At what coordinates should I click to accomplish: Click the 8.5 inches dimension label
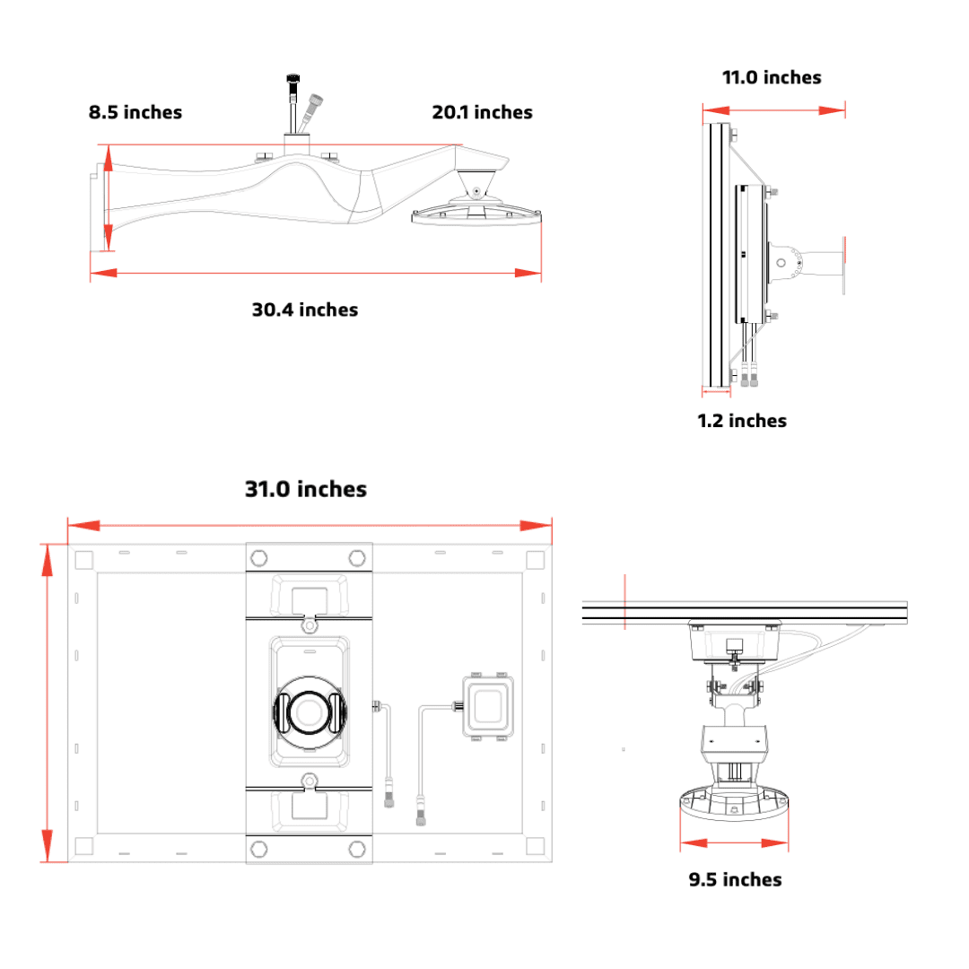point(135,112)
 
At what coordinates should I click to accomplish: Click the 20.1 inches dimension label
point(482,112)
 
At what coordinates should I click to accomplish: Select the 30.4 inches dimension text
point(304,310)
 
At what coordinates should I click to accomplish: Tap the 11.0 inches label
point(772,77)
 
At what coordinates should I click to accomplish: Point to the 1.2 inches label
point(742,421)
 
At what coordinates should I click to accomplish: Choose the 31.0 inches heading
point(306,489)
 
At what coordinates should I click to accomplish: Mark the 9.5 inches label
point(735,879)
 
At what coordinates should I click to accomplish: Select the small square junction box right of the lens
point(486,706)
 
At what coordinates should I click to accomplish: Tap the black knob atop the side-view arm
point(292,83)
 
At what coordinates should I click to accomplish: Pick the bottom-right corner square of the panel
point(534,845)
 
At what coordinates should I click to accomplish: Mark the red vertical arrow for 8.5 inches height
point(108,199)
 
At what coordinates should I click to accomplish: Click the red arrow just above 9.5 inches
point(734,843)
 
